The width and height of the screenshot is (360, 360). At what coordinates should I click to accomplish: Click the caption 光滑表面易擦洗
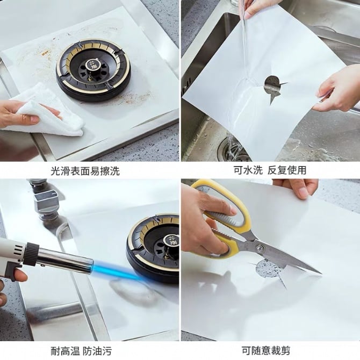pyautogui.click(x=85, y=171)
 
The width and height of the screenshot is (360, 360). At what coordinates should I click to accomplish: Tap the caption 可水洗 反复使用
pyautogui.click(x=270, y=170)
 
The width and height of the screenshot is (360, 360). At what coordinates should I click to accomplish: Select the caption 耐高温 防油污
pyautogui.click(x=81, y=351)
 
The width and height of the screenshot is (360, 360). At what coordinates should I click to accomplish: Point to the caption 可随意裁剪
pyautogui.click(x=266, y=350)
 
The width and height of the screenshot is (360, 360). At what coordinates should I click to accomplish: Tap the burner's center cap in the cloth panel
pyautogui.click(x=92, y=65)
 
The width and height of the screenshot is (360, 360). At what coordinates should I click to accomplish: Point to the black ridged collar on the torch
pyautogui.click(x=31, y=252)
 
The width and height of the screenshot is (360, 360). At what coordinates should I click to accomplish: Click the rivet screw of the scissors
pyautogui.click(x=260, y=248)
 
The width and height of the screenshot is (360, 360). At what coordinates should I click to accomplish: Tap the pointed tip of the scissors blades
pyautogui.click(x=321, y=273)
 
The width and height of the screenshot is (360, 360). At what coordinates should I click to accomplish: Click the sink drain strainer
pyautogui.click(x=233, y=149)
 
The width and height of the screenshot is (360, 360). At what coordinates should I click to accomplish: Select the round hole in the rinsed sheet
pyautogui.click(x=272, y=84)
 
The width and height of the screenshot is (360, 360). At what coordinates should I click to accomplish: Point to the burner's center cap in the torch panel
pyautogui.click(x=171, y=241)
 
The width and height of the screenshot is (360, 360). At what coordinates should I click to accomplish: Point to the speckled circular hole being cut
pyautogui.click(x=268, y=268)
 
